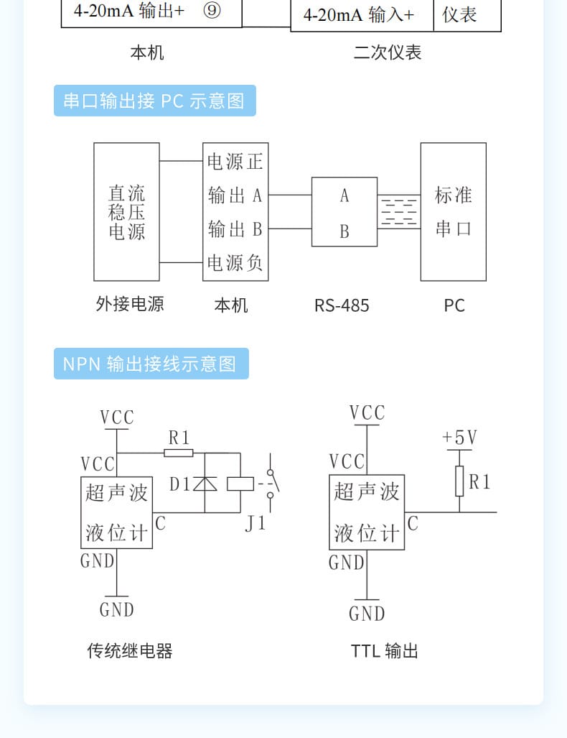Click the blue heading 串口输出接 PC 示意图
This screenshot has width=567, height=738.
pos(154,101)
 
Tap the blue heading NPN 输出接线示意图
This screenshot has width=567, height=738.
pos(151,364)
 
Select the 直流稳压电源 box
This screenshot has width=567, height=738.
pos(126,211)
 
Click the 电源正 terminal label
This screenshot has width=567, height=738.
pos(235,161)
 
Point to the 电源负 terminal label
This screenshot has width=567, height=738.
pos(235,263)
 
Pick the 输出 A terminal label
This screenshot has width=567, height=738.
pos(235,195)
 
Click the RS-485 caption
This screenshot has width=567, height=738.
pos(342,305)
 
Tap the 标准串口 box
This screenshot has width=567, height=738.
pos(453,211)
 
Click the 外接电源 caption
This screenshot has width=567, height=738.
pos(130,304)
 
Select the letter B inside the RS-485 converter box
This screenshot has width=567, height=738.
pos(345,231)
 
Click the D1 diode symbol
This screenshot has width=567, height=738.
pos(205,484)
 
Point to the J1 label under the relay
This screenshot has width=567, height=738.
pos(255,523)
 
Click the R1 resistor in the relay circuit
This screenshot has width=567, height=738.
pos(178,453)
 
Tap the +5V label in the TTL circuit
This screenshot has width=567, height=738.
pos(459,438)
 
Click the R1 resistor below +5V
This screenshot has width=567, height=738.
pos(459,481)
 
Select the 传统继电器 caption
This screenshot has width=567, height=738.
pos(130,651)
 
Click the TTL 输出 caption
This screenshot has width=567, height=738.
pos(384,651)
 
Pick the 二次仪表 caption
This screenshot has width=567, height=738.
pos(388,52)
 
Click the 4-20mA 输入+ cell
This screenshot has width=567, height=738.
pos(359,16)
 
